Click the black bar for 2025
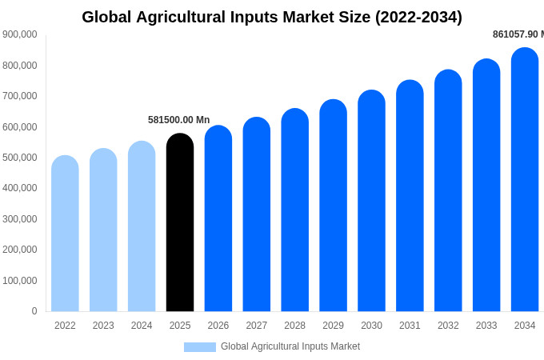(180, 224)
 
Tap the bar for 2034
(525, 181)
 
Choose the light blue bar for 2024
(142, 227)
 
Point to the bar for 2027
(257, 215)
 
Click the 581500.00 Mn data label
(178, 120)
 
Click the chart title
(272, 17)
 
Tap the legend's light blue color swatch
(199, 347)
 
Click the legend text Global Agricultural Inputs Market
(290, 346)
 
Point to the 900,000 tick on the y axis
(20, 34)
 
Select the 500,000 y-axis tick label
(20, 158)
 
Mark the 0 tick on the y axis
(34, 311)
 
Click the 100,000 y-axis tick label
(20, 281)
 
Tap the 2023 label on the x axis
(103, 326)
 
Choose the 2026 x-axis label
(218, 326)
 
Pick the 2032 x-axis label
(448, 326)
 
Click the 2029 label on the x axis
(333, 326)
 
